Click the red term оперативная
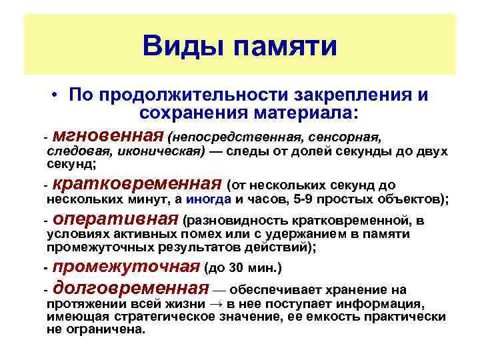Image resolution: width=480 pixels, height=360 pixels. click(x=115, y=219)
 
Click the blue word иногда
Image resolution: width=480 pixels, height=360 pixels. click(x=209, y=199)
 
